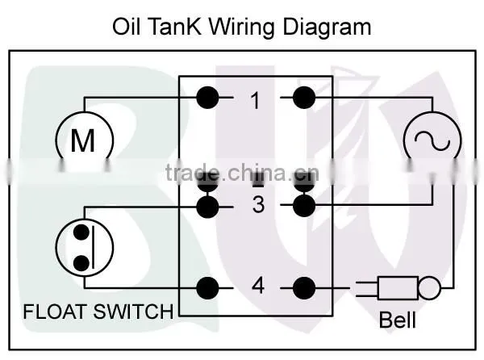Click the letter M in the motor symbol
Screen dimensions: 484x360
coord(83,140)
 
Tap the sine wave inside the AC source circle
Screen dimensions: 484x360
coord(432,140)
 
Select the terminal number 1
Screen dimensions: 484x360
coord(255,100)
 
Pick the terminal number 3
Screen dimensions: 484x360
coord(258,204)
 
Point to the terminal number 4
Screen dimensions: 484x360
coord(258,286)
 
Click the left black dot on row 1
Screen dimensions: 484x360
coord(207,98)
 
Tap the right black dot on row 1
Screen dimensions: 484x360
coord(304,98)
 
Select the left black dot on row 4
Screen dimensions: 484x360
coord(207,288)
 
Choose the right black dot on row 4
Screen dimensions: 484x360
coord(304,288)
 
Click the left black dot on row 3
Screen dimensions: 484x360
coord(207,207)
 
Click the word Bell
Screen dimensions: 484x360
coord(398,320)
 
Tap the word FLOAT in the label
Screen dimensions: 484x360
coord(55,312)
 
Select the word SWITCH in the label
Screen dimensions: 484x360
coord(133,312)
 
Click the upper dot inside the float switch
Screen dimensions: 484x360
coord(81,232)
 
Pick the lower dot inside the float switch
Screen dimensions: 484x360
coord(81,263)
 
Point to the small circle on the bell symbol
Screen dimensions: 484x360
coord(429,288)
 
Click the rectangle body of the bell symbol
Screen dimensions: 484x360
coord(398,288)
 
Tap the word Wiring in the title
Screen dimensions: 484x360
coord(242,27)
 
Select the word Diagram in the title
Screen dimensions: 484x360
coord(327,27)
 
